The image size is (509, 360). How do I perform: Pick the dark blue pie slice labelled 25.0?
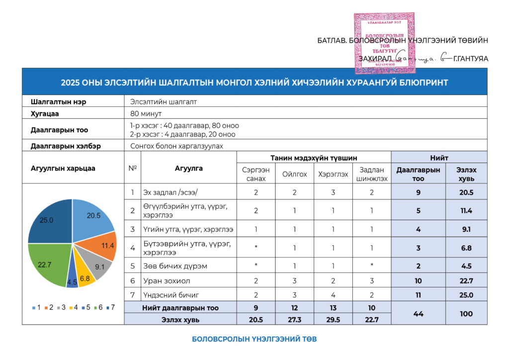coord(50,221)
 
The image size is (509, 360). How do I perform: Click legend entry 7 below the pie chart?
coord(110,307)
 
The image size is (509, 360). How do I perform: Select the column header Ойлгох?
coord(294,174)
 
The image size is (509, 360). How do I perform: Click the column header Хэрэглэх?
coord(332,174)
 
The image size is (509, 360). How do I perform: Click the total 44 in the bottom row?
coord(419,314)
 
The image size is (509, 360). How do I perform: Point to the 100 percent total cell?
coord(466,314)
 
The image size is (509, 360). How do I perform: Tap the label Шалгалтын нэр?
coord(52,101)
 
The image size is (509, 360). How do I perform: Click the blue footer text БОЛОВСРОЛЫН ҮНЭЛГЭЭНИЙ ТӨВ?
coord(254,339)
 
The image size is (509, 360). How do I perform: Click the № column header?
coord(132,168)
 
